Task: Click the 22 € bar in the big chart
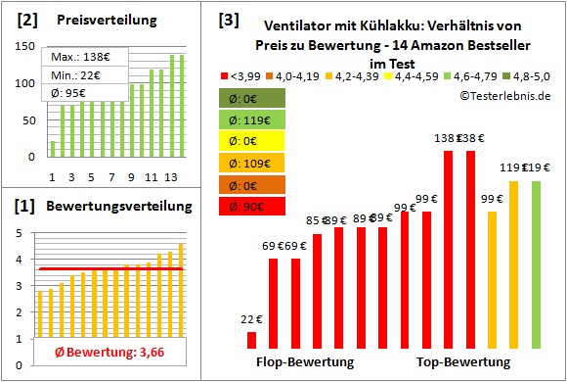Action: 251,340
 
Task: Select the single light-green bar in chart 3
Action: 535,264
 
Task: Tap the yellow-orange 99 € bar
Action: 492,279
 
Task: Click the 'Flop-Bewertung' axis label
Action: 305,362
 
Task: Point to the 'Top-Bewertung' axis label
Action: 463,362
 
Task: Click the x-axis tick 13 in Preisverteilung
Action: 171,177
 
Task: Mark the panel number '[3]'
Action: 228,19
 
